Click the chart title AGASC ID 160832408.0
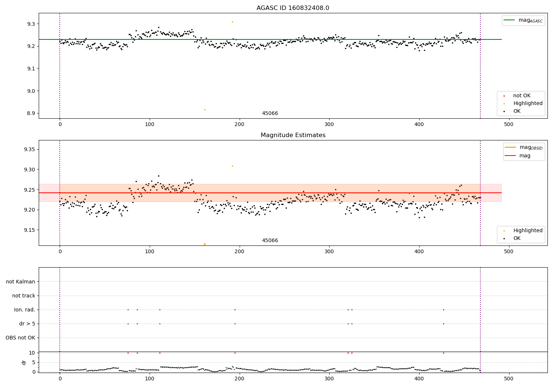tap(293, 8)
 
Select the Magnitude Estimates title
tap(293, 135)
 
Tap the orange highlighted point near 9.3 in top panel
tap(232, 22)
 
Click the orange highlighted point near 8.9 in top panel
tap(205, 109)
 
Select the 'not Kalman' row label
tap(21, 282)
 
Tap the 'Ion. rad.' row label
tap(25, 310)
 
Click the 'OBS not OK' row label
tap(20, 338)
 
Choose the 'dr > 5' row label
tap(27, 324)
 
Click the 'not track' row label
tap(24, 296)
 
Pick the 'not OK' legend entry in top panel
tap(522, 96)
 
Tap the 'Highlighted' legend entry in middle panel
tap(528, 231)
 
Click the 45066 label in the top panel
tap(270, 114)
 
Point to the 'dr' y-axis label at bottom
tap(24, 362)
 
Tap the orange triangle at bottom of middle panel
tap(205, 244)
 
